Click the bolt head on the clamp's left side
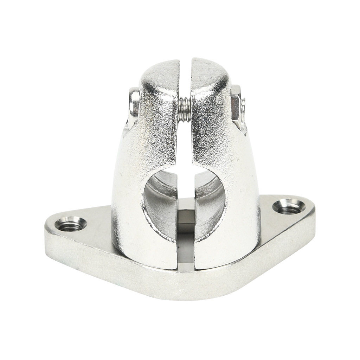[134, 102]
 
